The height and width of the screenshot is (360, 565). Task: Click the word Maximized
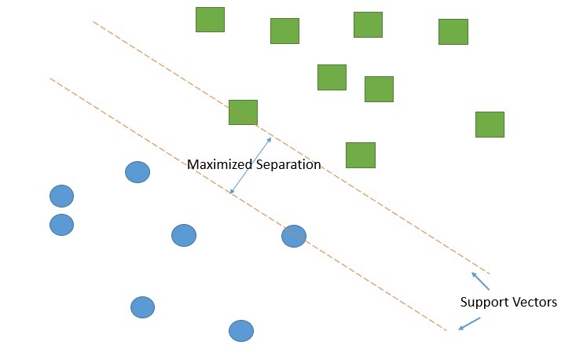click(220, 165)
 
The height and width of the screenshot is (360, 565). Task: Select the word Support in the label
click(483, 302)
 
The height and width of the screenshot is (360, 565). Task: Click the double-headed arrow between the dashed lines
click(251, 165)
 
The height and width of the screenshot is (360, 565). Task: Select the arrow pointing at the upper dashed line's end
click(480, 281)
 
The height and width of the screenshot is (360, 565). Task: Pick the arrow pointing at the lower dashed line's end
click(469, 323)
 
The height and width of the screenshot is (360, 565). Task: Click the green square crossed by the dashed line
click(243, 112)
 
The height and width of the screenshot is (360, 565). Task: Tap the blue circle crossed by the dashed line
click(293, 236)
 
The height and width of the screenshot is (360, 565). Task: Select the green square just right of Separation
click(361, 155)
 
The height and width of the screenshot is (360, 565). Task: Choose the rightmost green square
click(490, 124)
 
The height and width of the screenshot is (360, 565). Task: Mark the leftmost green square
click(210, 20)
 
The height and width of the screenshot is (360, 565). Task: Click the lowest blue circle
click(241, 331)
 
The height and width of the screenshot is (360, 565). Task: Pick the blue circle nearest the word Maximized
click(138, 172)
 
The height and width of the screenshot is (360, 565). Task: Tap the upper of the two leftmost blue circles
click(61, 196)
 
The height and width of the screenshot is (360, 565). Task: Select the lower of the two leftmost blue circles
click(61, 225)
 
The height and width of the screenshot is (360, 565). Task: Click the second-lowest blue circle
click(142, 307)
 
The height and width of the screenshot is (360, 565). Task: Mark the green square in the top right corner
click(453, 31)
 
